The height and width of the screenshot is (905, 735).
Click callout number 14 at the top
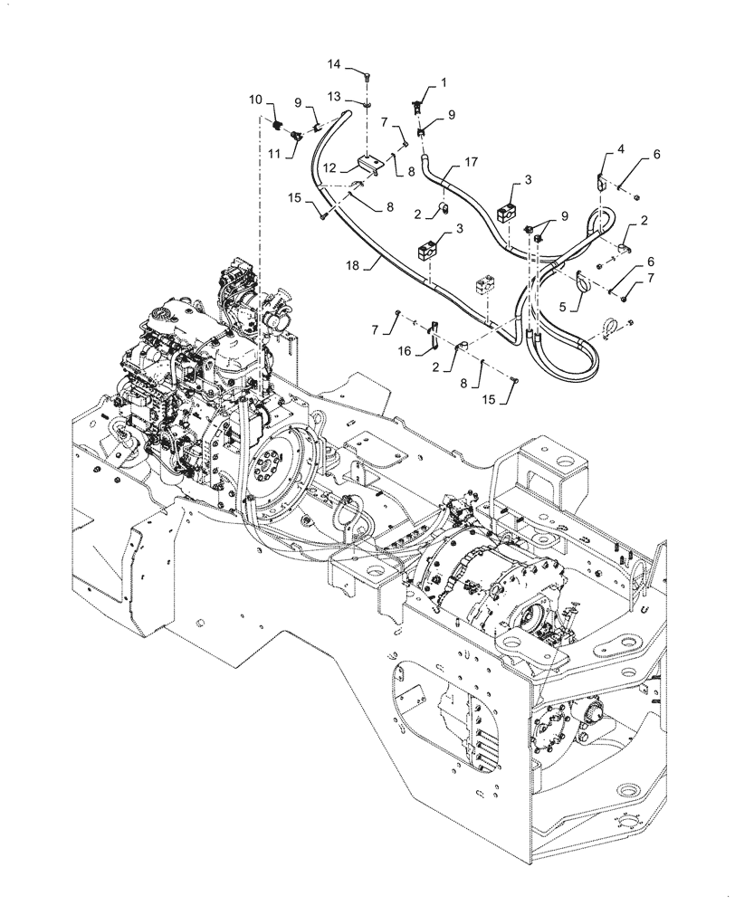coord(334,65)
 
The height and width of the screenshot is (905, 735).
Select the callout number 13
coord(334,96)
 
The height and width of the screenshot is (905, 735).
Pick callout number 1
coord(444,82)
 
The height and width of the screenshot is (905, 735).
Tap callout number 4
coord(621,148)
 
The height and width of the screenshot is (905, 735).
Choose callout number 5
coord(563,307)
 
